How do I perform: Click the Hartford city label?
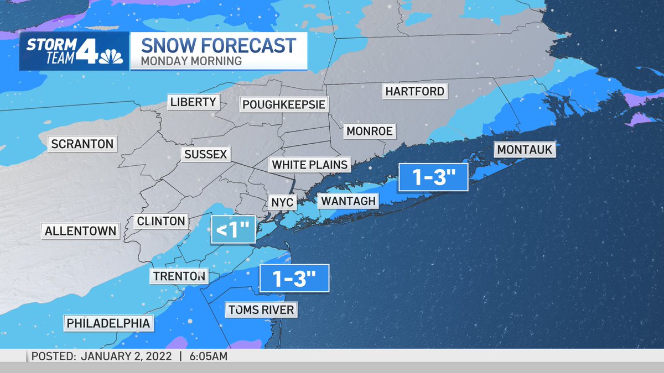tap(415, 91)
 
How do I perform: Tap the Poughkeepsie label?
tap(284, 104)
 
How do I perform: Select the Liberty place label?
tap(193, 102)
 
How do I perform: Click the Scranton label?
tap(82, 144)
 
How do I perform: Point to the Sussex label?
tap(206, 154)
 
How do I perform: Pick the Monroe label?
tap(369, 131)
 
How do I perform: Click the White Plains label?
tap(310, 164)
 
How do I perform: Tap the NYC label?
tap(282, 202)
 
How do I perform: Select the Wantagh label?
tap(348, 201)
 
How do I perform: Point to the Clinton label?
tap(161, 221)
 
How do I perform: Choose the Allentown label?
tap(81, 230)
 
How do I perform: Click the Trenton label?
tap(179, 276)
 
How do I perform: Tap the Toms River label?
tap(261, 309)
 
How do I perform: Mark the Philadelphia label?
tap(108, 323)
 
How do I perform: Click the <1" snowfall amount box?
tap(233, 230)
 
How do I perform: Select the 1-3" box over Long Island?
tap(433, 177)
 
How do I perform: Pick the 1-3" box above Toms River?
tap(294, 278)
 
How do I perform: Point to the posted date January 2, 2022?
tap(127, 356)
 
